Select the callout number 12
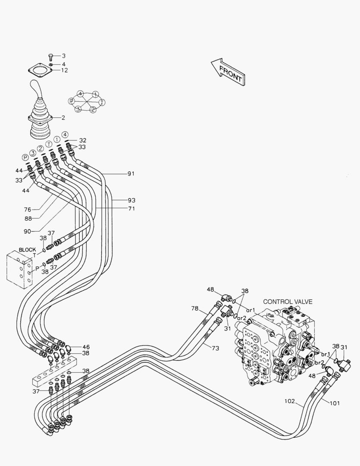point(64,70)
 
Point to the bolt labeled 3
point(50,56)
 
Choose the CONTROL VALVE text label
point(288,302)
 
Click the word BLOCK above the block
point(28,250)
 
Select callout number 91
point(131,174)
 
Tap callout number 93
point(131,200)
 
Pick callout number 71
point(131,208)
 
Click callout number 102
point(290,401)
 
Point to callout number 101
point(335,403)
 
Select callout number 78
point(195,308)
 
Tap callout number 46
point(86,346)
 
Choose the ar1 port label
point(251,310)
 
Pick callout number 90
point(28,231)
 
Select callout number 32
point(82,140)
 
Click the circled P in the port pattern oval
point(72,101)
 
